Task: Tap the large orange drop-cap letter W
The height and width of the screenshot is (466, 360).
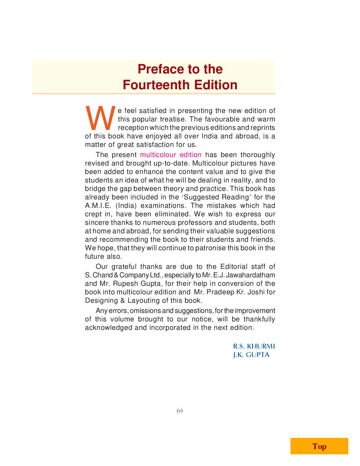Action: pos(100,118)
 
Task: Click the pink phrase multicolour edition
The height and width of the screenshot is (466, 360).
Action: pos(171,155)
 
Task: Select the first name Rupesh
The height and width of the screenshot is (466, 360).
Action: pos(125,284)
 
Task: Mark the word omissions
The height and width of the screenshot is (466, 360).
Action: pos(145,311)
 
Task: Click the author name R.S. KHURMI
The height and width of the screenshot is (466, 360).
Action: pos(254,346)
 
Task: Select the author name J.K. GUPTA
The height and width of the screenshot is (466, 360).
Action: pos(251,355)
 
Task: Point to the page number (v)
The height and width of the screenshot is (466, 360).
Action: pos(180,411)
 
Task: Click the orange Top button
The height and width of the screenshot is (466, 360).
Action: pos(319,446)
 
